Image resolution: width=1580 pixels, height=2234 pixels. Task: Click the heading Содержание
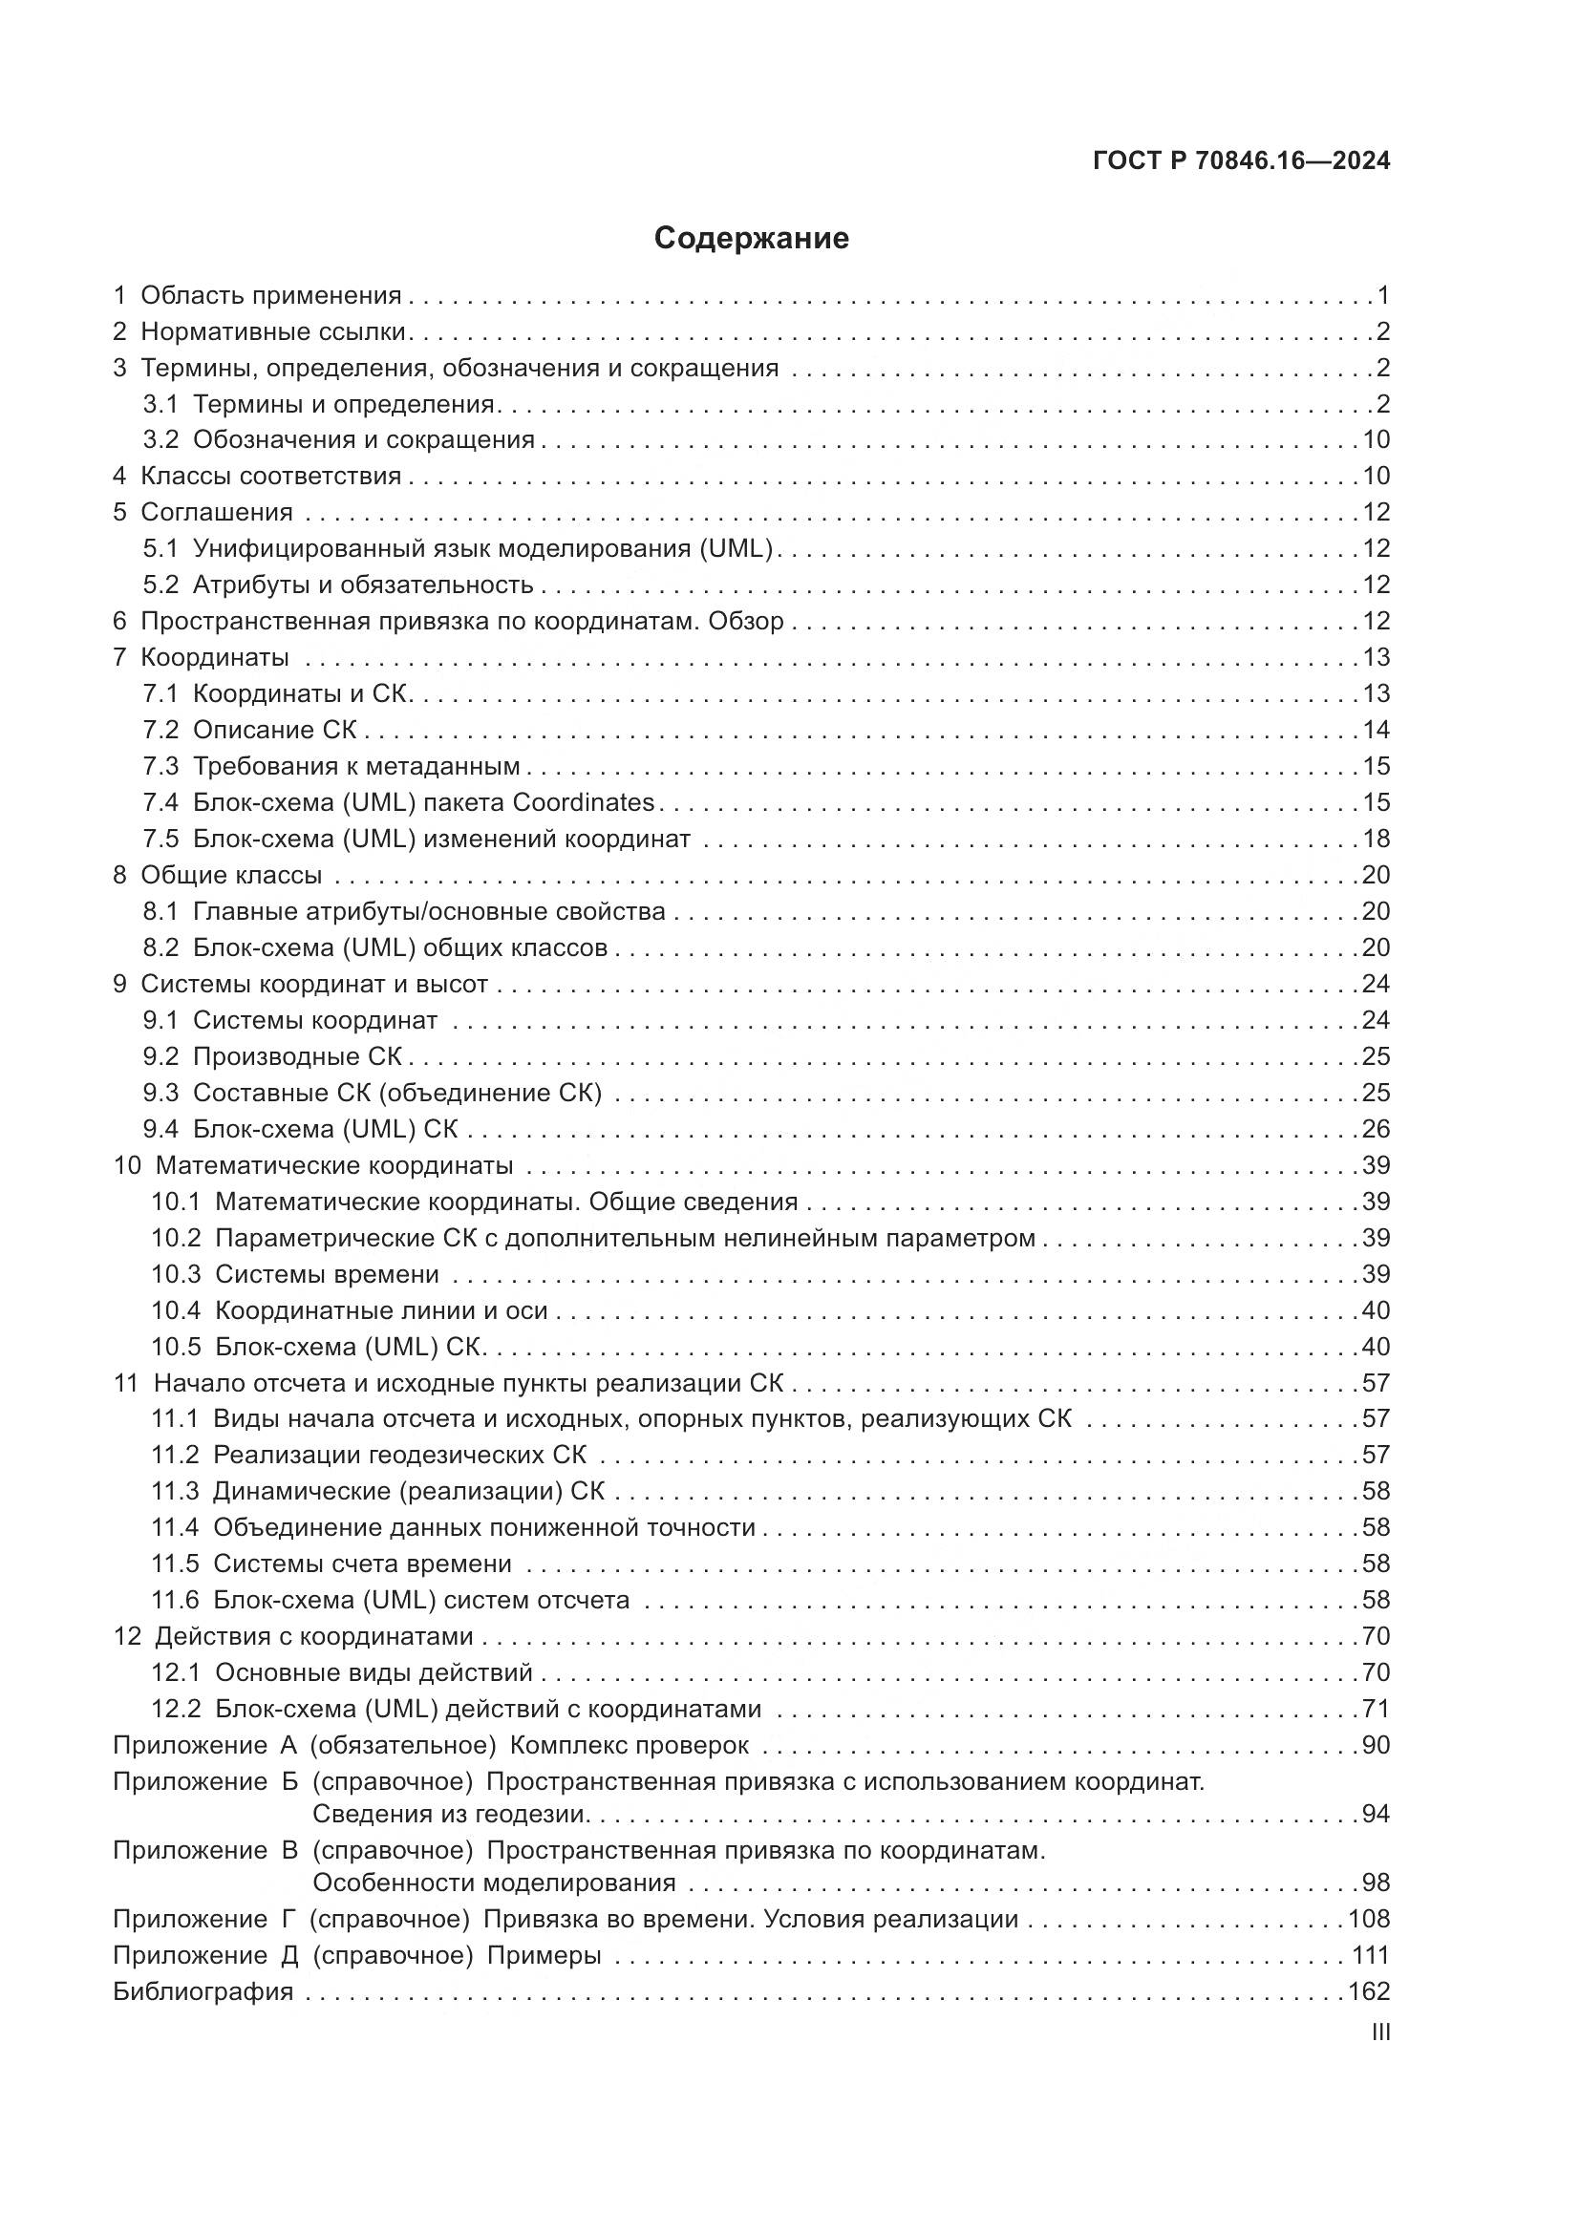point(751,239)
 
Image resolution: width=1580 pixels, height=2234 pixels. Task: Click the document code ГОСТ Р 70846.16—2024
point(1242,161)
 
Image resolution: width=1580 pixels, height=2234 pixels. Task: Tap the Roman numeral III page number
point(1379,2032)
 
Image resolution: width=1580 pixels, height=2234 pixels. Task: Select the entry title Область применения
point(270,296)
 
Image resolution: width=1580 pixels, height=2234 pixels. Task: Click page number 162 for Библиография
point(1369,1991)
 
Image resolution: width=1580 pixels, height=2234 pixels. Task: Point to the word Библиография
point(203,1991)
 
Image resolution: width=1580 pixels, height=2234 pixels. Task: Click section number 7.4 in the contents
point(160,802)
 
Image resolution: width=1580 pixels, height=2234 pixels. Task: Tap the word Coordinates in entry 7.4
point(584,802)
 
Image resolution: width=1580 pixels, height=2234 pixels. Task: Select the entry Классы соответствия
point(270,477)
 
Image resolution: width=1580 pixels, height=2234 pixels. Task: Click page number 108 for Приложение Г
point(1369,1920)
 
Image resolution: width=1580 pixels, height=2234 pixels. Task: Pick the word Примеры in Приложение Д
point(544,1956)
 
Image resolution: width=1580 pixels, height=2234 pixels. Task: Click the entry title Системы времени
point(327,1275)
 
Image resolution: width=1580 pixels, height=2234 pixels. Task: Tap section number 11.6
point(175,1601)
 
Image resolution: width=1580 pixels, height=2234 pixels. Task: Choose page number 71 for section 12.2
point(1376,1710)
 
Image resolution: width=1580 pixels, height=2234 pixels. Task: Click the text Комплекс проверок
point(630,1746)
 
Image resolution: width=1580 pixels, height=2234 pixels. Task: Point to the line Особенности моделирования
point(494,1883)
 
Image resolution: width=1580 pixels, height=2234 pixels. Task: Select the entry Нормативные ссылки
point(272,331)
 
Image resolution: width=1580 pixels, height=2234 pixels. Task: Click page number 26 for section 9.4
point(1376,1130)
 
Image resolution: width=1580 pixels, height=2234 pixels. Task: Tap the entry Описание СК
point(275,731)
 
